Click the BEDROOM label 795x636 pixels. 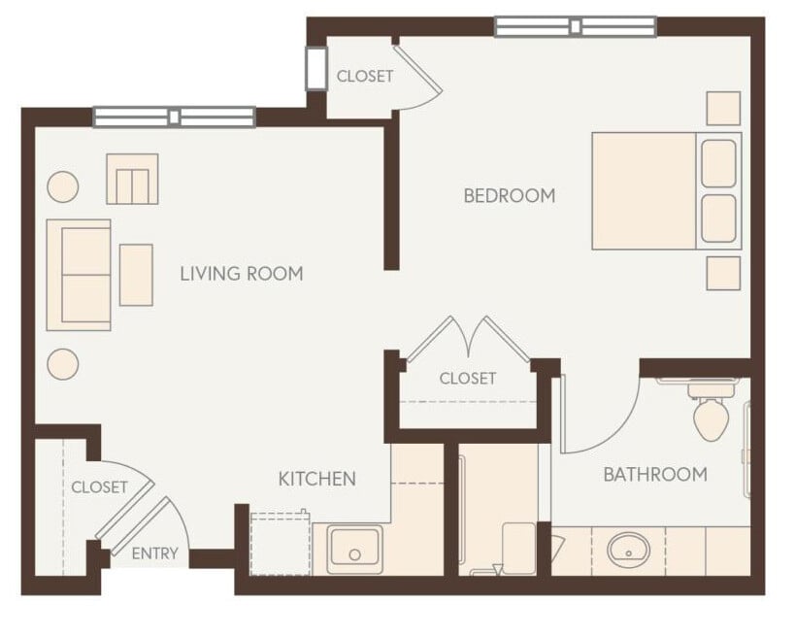click(x=509, y=195)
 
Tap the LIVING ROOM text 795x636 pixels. click(x=241, y=274)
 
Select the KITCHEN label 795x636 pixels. click(x=316, y=478)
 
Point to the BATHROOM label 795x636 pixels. click(x=654, y=475)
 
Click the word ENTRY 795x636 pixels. click(x=154, y=553)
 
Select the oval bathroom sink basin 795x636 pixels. click(x=629, y=552)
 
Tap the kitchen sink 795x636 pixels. click(x=354, y=550)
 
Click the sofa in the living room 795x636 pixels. click(x=80, y=275)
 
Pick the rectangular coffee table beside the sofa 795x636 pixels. click(x=136, y=275)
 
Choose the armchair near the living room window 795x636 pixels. click(x=132, y=179)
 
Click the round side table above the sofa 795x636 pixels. click(x=63, y=185)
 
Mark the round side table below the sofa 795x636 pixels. click(x=63, y=363)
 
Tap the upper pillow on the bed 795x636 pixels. click(x=718, y=163)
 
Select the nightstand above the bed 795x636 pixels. click(x=723, y=108)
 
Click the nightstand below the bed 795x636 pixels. click(x=723, y=273)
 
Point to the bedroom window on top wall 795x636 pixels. click(x=575, y=26)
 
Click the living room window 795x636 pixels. click(x=174, y=117)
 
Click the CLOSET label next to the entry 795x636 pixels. click(x=99, y=486)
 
